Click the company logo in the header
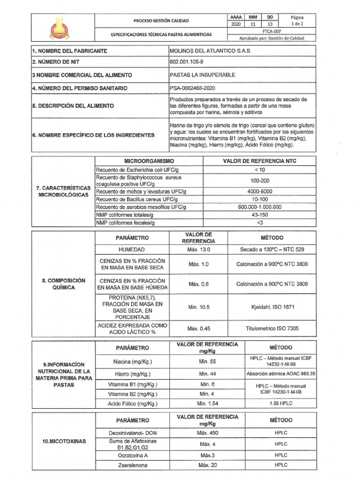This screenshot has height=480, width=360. point(60,27)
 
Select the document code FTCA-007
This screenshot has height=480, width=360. point(278,31)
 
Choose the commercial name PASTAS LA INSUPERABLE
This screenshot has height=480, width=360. point(202,75)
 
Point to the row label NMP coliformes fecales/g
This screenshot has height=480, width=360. point(125,223)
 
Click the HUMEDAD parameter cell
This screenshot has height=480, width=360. point(132,250)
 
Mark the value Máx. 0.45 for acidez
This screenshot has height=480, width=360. point(198,329)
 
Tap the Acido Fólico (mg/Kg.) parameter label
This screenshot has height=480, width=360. point(133,404)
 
